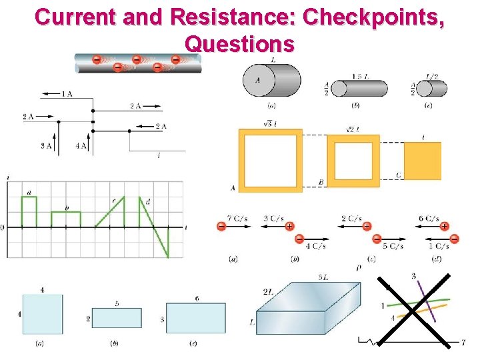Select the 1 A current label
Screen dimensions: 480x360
click(67, 94)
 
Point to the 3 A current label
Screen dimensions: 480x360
click(46, 146)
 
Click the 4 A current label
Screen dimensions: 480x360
click(81, 146)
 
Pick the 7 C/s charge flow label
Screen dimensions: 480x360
click(238, 219)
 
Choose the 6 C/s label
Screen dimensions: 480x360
click(428, 219)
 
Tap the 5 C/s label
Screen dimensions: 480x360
click(393, 246)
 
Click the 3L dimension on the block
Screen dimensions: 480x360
click(322, 277)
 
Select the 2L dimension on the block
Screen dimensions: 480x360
click(269, 291)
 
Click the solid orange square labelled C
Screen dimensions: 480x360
click(423, 161)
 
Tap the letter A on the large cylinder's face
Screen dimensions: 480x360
click(257, 81)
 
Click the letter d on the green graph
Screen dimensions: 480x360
click(147, 201)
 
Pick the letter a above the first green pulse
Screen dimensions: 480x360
click(29, 193)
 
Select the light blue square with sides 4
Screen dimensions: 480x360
click(43, 314)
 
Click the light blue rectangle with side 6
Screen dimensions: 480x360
click(196, 319)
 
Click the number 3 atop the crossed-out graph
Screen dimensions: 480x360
click(414, 276)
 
